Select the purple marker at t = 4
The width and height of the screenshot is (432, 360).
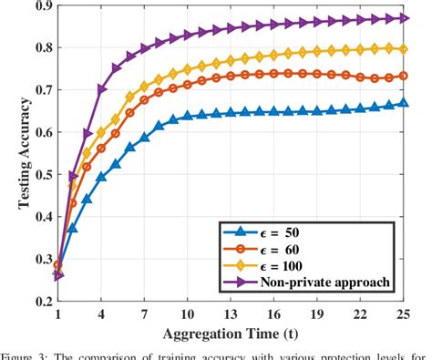[101, 89]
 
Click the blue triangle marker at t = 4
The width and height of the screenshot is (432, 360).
[101, 176]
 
